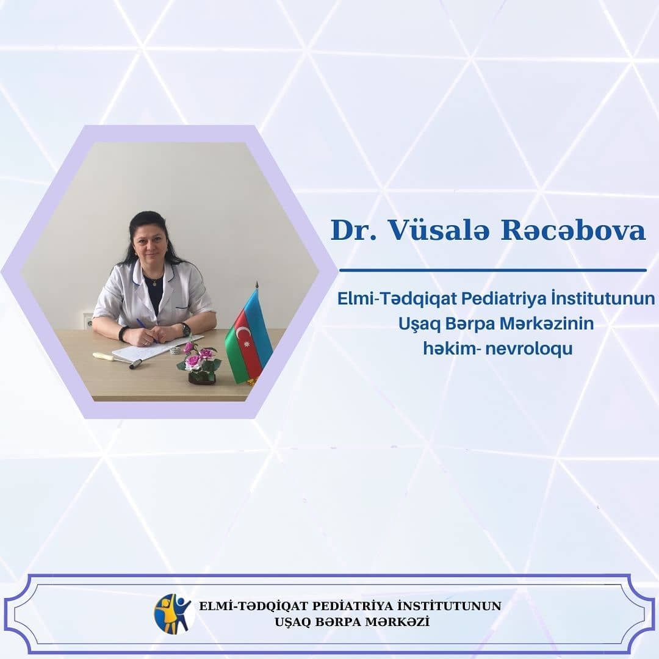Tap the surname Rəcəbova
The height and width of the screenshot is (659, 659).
(x=573, y=230)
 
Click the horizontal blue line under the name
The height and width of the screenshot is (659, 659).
(x=492, y=270)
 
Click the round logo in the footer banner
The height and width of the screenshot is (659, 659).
(x=173, y=614)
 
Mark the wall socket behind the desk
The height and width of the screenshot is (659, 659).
(x=88, y=321)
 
